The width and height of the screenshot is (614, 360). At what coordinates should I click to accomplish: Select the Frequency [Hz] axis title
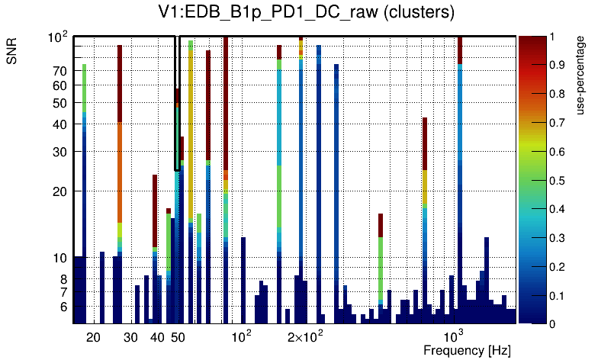467,350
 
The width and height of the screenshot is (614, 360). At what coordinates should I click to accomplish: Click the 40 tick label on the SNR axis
60,124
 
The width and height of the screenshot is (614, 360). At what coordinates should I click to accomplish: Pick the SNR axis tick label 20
60,191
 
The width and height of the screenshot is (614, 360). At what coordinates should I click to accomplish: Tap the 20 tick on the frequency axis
93,336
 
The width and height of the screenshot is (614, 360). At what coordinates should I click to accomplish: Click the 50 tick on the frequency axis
178,336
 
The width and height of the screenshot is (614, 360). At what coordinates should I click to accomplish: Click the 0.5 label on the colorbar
558,180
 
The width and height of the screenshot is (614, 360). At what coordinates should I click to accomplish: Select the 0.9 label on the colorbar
558,65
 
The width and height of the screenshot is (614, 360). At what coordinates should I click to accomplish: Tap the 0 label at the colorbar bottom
552,324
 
